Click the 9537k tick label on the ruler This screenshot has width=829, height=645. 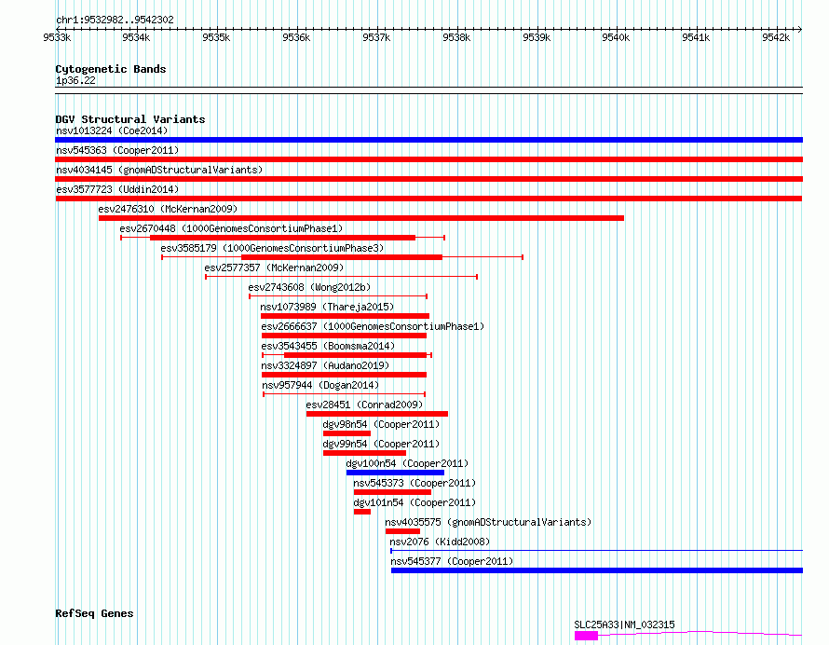[376, 37]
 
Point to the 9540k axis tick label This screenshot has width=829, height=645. [616, 37]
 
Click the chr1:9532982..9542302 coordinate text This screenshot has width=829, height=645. [115, 20]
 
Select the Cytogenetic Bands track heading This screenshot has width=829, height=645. [110, 69]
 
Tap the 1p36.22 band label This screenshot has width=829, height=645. [75, 81]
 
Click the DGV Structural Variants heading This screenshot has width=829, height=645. [129, 119]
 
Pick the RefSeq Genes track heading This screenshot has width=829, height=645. [94, 613]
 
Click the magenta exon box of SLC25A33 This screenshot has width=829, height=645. [586, 636]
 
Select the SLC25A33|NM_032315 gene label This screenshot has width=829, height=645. [624, 624]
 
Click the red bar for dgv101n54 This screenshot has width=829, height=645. [361, 512]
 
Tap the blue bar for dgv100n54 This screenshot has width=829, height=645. [395, 473]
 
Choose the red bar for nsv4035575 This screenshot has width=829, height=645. [402, 531]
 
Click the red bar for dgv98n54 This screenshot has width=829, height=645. [347, 433]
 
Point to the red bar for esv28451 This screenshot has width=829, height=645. [376, 414]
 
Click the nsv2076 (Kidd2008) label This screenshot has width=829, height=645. [440, 542]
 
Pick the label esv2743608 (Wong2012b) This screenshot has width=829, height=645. [308, 287]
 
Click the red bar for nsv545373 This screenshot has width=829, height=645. [378, 492]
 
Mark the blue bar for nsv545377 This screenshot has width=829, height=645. [596, 570]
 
